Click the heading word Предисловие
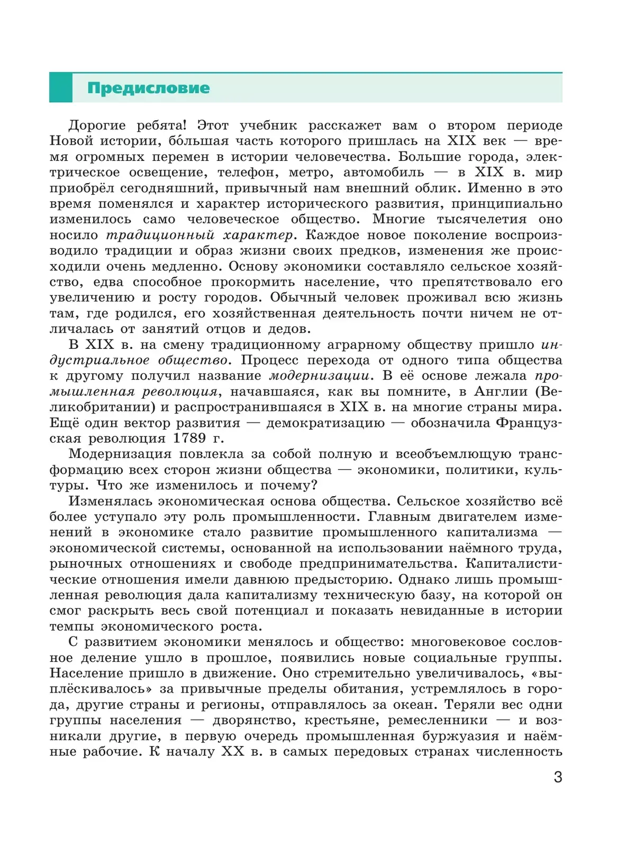[x=149, y=88]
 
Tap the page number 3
[x=558, y=777]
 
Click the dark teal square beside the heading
[x=60, y=88]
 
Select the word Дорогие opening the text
[x=97, y=126]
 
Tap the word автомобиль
[x=384, y=173]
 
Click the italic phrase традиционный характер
[x=199, y=235]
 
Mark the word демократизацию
[x=325, y=423]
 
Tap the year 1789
[x=189, y=439]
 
